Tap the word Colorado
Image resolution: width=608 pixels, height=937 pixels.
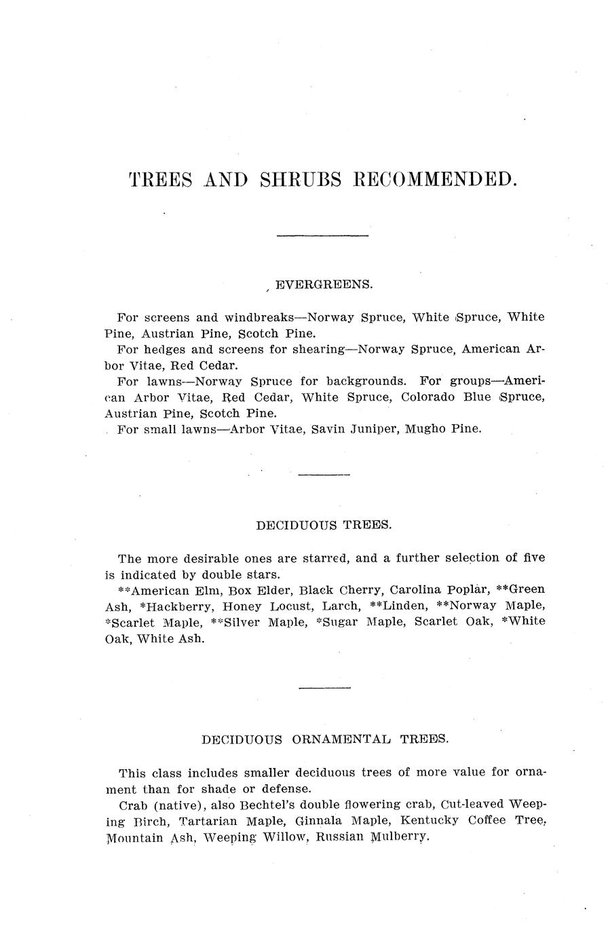pyautogui.click(x=428, y=397)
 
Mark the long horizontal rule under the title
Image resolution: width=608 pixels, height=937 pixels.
pyautogui.click(x=323, y=236)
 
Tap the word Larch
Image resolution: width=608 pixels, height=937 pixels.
pyautogui.click(x=341, y=605)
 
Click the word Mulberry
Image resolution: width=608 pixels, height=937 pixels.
pyautogui.click(x=400, y=838)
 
